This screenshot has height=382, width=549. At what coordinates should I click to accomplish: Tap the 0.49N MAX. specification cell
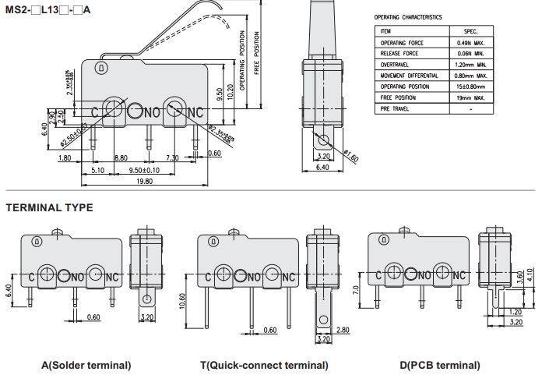coord(472,42)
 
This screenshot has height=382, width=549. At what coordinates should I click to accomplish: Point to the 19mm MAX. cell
coord(472,97)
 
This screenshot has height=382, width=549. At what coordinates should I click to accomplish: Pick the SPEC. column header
coord(472,30)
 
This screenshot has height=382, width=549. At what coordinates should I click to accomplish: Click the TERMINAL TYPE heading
coord(49,207)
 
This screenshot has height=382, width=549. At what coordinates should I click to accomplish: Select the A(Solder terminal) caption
coord(86,365)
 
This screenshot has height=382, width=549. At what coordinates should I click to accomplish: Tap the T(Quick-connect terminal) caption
coord(264,365)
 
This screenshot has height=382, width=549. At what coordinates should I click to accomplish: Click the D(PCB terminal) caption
coord(440,365)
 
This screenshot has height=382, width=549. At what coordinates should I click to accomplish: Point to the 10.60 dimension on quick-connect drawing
coord(183,301)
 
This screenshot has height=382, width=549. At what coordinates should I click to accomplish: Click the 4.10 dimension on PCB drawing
coord(531,278)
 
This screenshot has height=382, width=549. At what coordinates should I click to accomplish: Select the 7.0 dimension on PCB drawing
coord(357,290)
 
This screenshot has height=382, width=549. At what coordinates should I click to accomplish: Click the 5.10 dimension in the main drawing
coord(98,170)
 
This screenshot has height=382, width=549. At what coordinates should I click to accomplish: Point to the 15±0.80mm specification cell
coord(472,87)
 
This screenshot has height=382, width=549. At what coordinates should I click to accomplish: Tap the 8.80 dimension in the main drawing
coord(121,158)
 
